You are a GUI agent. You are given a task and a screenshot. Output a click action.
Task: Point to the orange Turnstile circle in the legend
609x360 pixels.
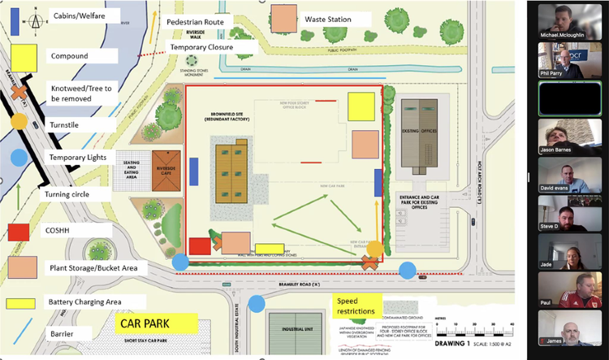(x=19, y=124)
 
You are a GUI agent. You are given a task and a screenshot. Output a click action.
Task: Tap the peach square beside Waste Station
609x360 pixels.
(x=283, y=17)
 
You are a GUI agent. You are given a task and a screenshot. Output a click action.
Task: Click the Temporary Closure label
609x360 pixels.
(x=201, y=48)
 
